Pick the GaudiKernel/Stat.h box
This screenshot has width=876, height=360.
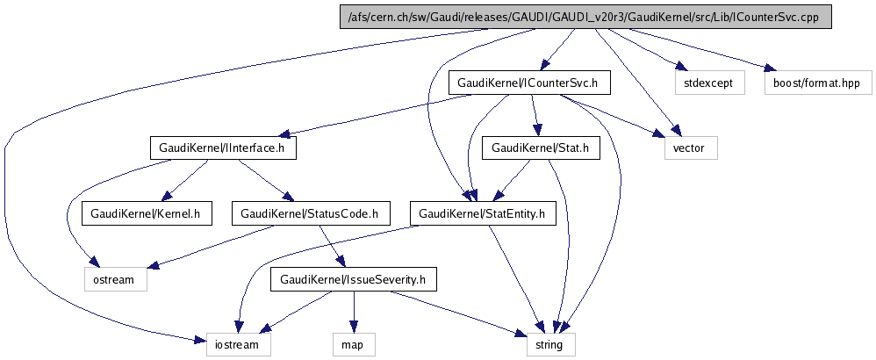[540, 148]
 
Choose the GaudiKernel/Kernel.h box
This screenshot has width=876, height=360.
[147, 213]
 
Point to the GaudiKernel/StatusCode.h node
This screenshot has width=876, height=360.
[309, 213]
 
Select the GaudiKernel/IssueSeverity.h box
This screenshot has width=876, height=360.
[352, 280]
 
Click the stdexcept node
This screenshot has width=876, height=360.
[709, 83]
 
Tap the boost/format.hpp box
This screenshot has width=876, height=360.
[817, 83]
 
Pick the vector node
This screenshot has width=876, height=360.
[690, 148]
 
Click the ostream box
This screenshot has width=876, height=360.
[110, 280]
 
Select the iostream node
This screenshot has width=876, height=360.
[238, 344]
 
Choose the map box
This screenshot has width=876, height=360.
[353, 344]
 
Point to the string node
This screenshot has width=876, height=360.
[550, 344]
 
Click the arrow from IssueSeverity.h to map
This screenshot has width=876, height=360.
[353, 312]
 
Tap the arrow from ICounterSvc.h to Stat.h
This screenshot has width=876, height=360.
[534, 116]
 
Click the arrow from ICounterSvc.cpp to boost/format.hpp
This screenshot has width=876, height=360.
[693, 50]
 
